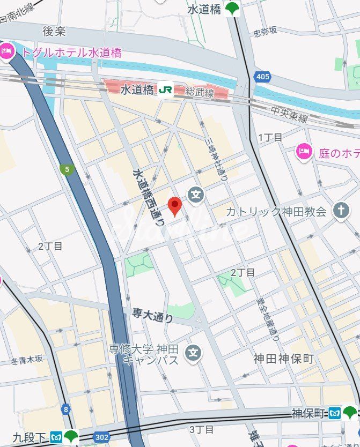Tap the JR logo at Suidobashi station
[x=165, y=90]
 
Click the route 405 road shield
[x=262, y=77]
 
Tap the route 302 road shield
[x=100, y=436]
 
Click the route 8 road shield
[x=66, y=410]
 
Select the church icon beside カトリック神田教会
[x=340, y=211]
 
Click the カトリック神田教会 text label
[x=276, y=212]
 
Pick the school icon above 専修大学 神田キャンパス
[x=193, y=353]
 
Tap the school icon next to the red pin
[x=196, y=194]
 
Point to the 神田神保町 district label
[x=283, y=359]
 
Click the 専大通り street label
[x=153, y=315]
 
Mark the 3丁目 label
[x=202, y=429]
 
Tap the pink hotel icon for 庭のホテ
[x=304, y=152]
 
